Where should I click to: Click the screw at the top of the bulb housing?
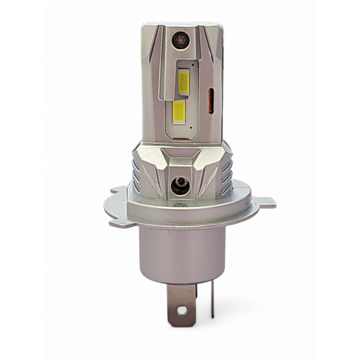click(178, 40)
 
